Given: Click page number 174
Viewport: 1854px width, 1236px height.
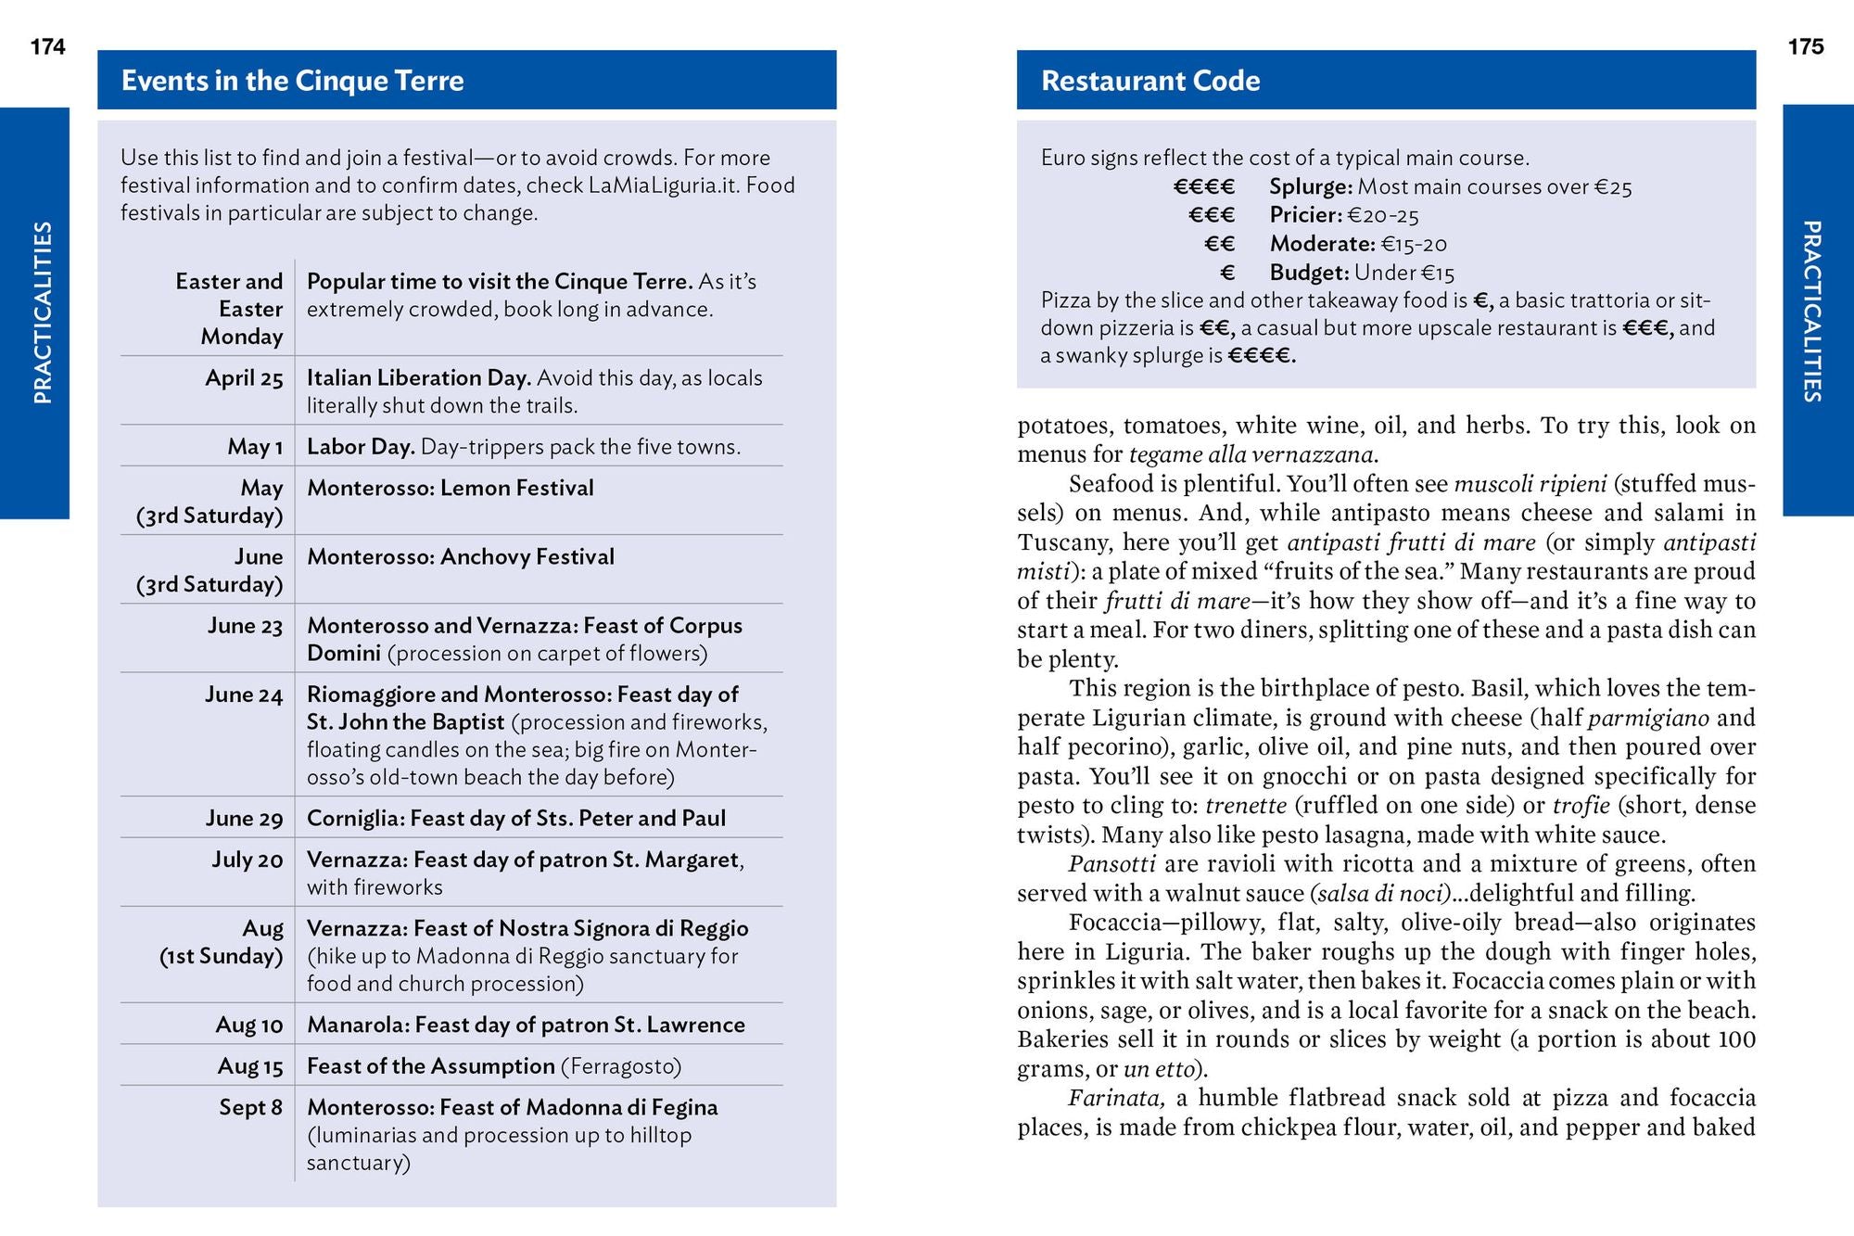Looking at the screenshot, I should tap(48, 46).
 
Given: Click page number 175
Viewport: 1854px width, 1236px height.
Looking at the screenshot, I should tap(1805, 46).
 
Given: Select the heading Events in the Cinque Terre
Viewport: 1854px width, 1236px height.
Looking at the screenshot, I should tap(292, 81).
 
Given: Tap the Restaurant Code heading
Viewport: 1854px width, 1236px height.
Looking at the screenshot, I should tap(1150, 81).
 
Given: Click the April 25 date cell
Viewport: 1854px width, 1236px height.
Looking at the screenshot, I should tap(244, 378).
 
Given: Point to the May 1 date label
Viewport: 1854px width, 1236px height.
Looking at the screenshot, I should tap(255, 447).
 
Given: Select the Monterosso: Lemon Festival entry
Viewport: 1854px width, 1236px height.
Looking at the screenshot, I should tap(451, 488).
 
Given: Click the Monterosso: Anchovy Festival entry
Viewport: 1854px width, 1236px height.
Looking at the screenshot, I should tap(461, 556).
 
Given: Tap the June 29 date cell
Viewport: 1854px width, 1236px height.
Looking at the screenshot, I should tap(244, 818).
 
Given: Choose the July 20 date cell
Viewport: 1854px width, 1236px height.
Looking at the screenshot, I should tap(247, 860).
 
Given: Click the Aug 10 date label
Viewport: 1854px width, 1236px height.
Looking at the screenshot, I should tap(248, 1025).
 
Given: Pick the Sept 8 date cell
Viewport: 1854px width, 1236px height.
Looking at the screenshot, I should tap(250, 1107).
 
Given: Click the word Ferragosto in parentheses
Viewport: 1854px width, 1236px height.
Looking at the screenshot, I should tap(621, 1066).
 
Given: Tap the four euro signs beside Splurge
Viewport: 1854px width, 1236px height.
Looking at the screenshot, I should tap(1203, 187).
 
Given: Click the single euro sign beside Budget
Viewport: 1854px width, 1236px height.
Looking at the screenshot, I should tap(1227, 273).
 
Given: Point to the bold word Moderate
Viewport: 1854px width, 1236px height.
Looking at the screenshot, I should tap(1322, 244).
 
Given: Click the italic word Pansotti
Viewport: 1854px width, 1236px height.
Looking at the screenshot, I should tap(1111, 864).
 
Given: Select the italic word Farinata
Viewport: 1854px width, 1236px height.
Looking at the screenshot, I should tap(1115, 1099).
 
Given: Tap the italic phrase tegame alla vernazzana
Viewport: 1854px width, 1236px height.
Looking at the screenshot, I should tap(1252, 454).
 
